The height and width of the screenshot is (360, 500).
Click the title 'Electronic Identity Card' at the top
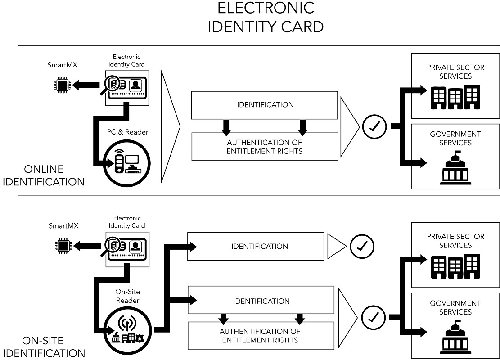(x=265, y=17)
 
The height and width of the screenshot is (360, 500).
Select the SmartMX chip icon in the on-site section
(x=62, y=246)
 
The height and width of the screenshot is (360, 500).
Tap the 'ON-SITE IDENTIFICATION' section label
(x=47, y=347)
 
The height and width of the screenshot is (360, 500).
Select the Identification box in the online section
(x=264, y=105)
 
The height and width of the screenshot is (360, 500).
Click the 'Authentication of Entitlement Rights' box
(x=264, y=147)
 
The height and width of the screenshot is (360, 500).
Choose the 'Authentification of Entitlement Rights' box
(x=261, y=336)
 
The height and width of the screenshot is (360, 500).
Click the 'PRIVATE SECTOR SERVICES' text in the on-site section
(x=455, y=241)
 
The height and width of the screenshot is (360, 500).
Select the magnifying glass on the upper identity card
(x=113, y=84)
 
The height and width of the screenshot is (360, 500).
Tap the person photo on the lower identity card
(x=135, y=246)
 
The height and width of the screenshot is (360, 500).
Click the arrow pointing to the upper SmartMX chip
(x=86, y=85)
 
